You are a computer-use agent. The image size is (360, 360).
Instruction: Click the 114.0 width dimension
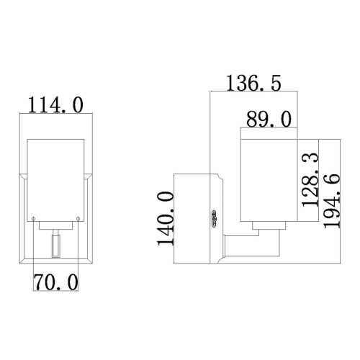[55, 105]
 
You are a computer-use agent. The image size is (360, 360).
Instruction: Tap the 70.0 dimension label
[55, 282]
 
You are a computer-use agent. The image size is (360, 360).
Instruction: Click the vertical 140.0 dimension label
[166, 217]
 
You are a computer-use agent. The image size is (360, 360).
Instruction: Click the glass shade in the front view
[55, 176]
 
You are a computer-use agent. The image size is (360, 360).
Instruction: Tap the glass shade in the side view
[267, 180]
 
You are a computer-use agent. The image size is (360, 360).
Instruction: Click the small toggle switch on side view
[214, 217]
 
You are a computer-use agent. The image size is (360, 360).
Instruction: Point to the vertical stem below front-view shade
[55, 244]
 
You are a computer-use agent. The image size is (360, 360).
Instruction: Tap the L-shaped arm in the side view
[252, 245]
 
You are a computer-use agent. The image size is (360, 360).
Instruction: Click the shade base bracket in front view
[55, 226]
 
